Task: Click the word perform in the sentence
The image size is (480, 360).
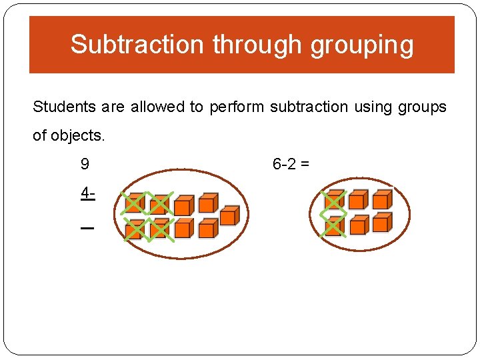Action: [x=237, y=107]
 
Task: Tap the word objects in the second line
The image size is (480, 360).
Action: [x=77, y=135]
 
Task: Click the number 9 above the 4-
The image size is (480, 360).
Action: [x=85, y=164]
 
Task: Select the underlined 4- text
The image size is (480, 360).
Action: [x=87, y=194]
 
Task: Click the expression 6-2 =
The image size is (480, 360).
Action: [x=291, y=164]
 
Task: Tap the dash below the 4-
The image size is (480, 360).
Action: [x=87, y=228]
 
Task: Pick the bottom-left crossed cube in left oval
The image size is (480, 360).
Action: [x=135, y=229]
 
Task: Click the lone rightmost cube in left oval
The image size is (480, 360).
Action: [x=229, y=216]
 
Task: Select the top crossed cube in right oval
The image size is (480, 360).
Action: [x=333, y=201]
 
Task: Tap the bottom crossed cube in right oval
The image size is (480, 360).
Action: [x=333, y=226]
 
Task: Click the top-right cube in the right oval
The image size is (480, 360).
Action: [x=381, y=199]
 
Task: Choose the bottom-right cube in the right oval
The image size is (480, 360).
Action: [x=381, y=222]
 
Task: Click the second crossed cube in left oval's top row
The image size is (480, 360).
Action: [x=159, y=204]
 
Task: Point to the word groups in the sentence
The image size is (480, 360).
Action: [x=423, y=107]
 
